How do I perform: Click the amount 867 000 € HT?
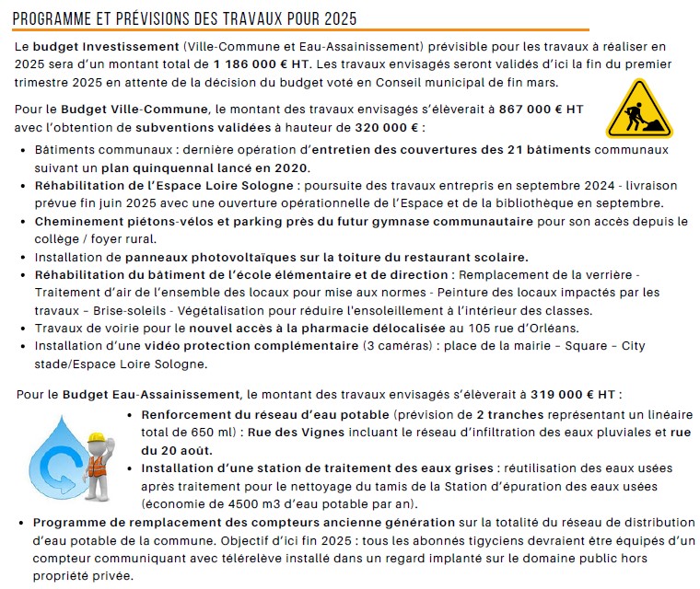541,109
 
